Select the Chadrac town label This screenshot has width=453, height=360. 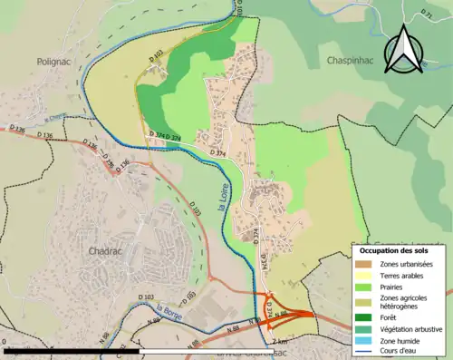coord(107,250)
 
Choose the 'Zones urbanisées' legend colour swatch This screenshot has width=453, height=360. coord(362,264)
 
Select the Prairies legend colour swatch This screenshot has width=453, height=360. coord(362,287)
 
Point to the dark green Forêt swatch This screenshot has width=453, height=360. coord(362,318)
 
